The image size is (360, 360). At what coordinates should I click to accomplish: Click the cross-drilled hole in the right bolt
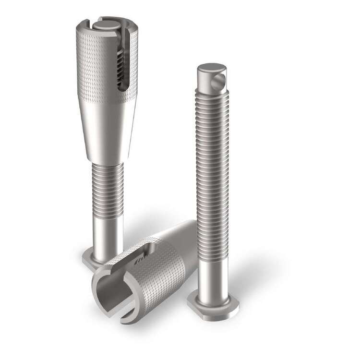click(x=219, y=82)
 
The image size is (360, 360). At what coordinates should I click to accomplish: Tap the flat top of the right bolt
click(x=212, y=68)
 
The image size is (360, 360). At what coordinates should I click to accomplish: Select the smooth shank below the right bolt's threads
click(x=213, y=274)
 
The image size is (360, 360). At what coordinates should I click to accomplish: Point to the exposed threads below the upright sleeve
click(x=107, y=187)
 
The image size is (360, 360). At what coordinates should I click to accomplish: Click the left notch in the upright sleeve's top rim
click(x=84, y=24)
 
